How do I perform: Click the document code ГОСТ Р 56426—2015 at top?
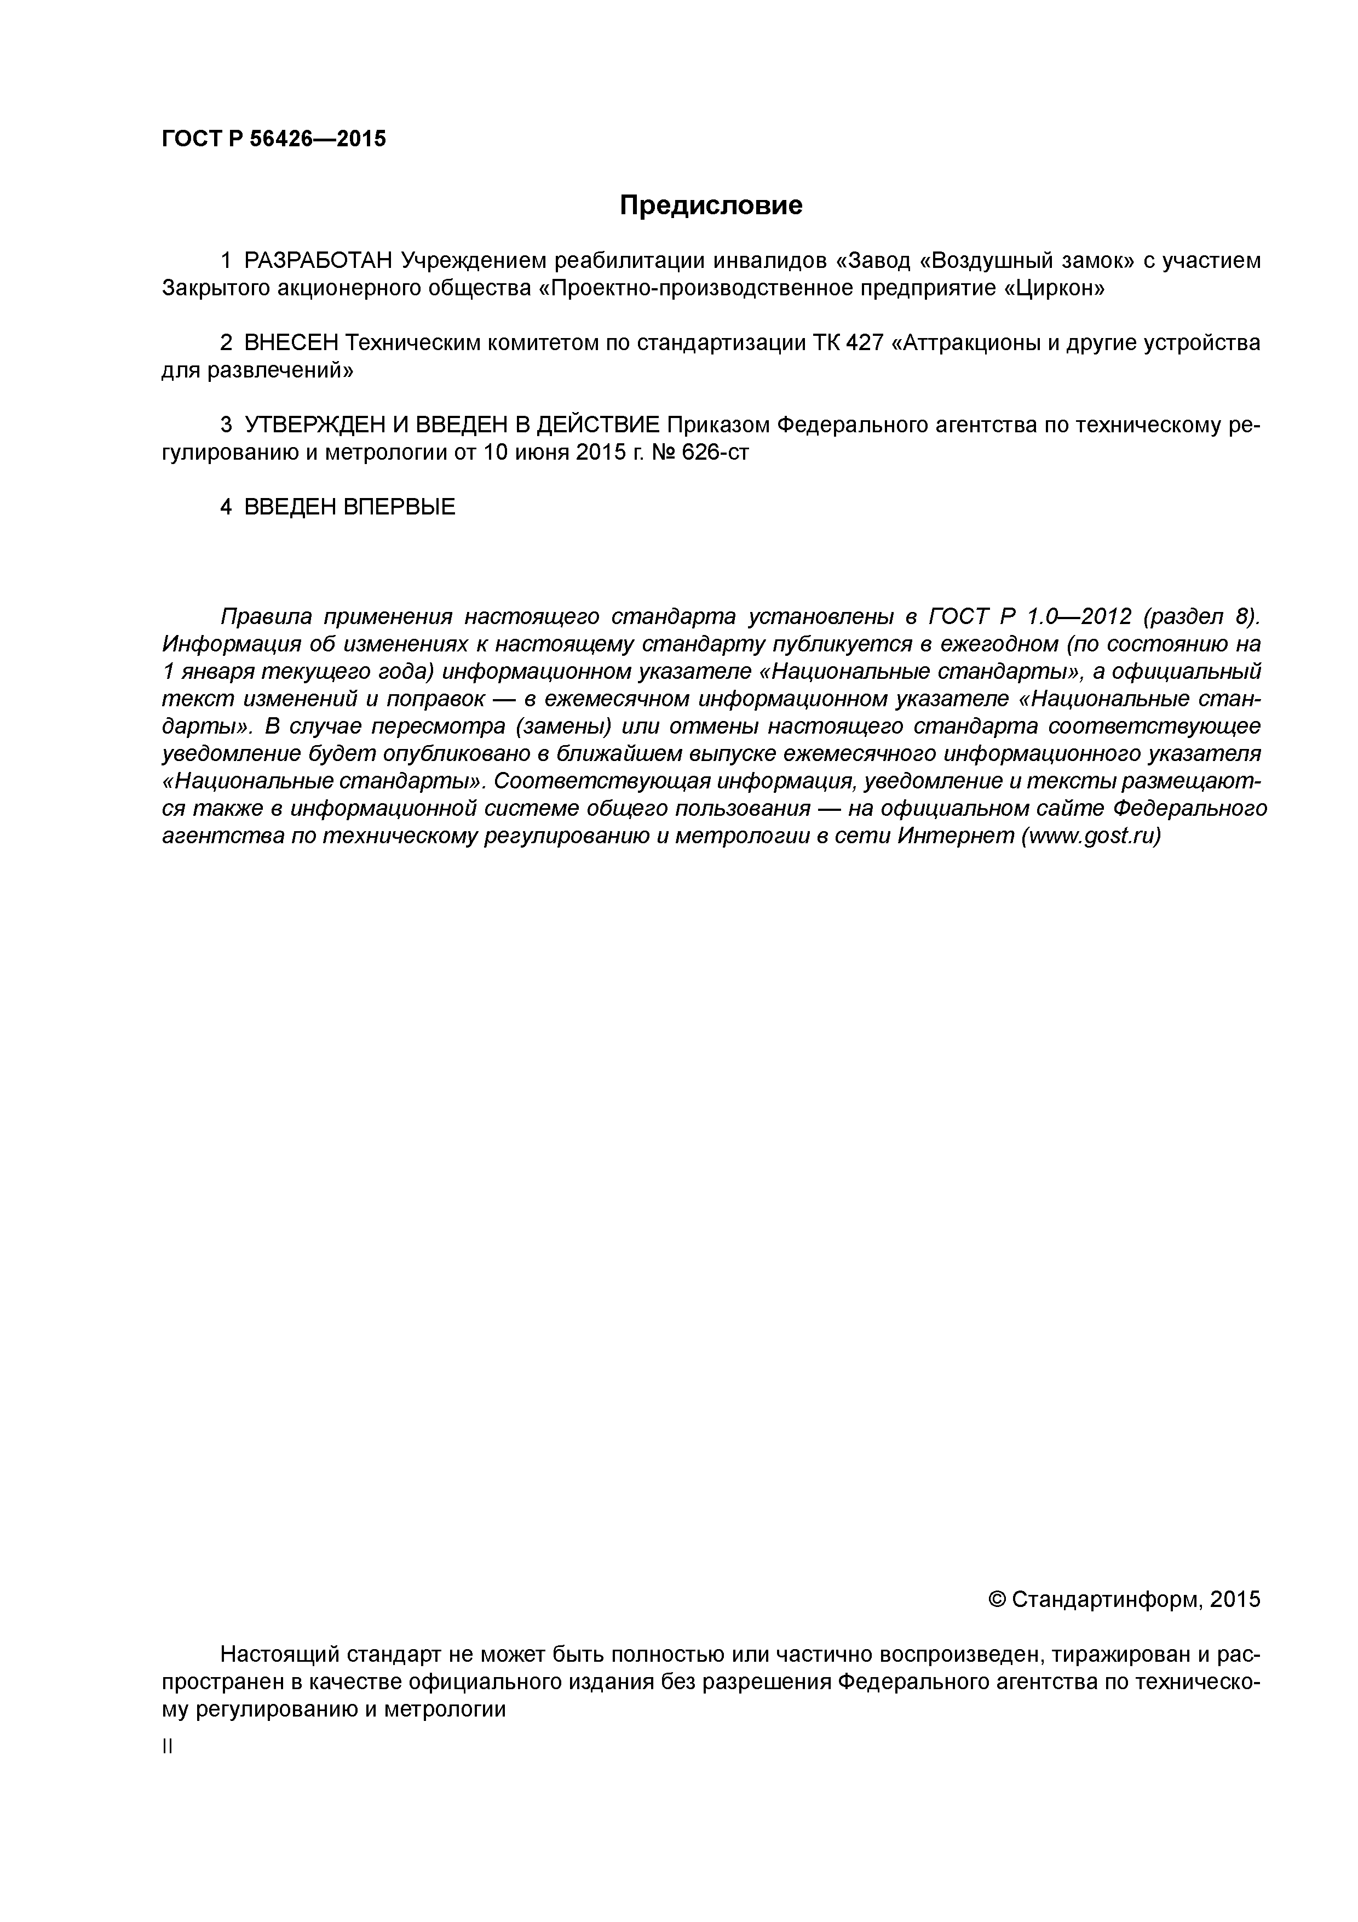[274, 139]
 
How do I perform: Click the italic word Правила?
[265, 617]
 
